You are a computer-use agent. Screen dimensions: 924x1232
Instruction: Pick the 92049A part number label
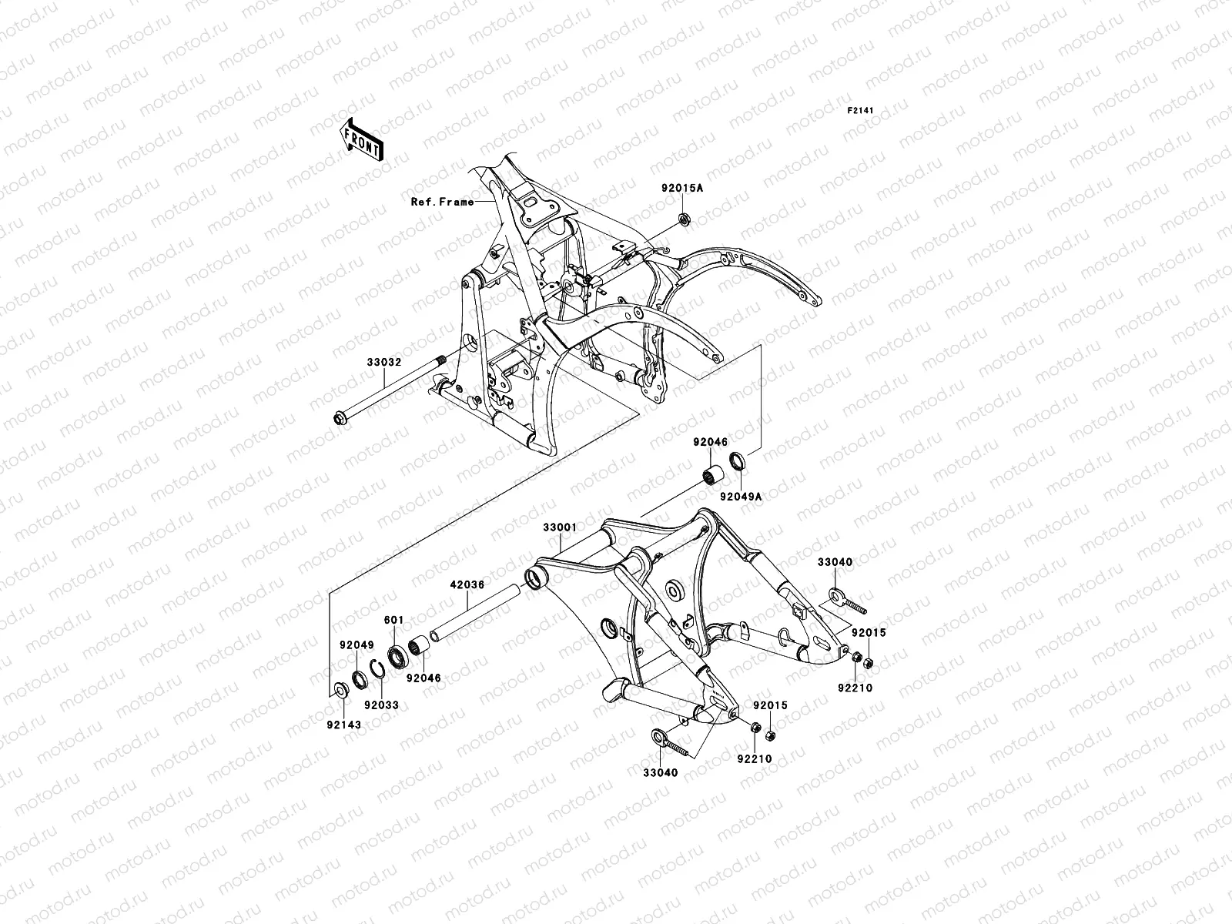[741, 497]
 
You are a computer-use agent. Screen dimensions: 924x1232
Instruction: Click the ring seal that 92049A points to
[736, 462]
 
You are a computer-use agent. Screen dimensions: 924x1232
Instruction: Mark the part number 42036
[466, 584]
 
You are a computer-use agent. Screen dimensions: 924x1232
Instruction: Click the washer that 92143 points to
[337, 689]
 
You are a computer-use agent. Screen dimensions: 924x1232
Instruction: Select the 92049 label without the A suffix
[356, 645]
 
